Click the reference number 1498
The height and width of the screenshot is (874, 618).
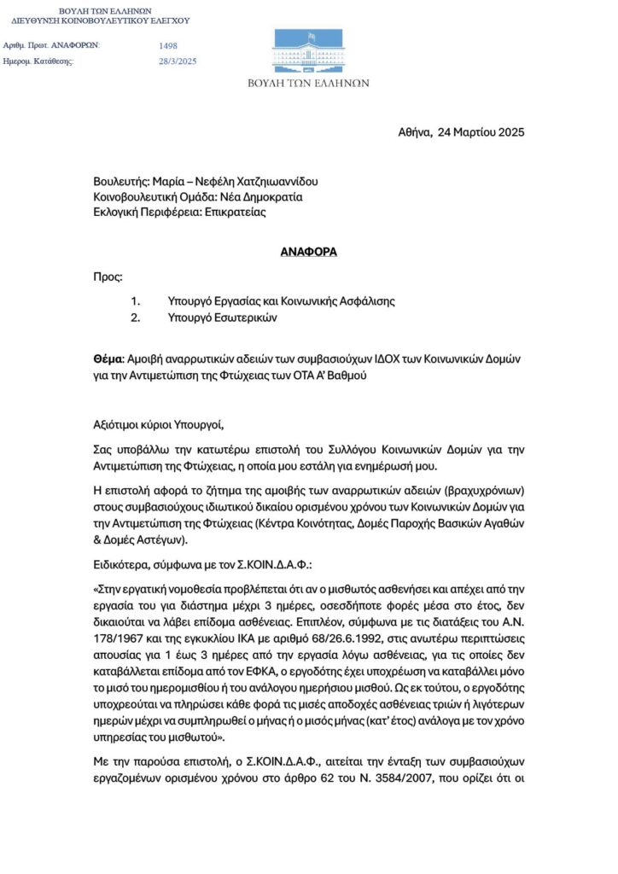(x=169, y=44)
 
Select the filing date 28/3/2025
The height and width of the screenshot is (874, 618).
(x=178, y=61)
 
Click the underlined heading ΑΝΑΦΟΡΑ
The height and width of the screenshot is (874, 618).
(x=309, y=253)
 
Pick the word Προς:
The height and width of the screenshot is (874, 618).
(x=108, y=277)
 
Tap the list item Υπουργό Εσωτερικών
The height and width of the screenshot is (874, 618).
(x=224, y=318)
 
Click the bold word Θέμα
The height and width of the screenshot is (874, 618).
(x=108, y=358)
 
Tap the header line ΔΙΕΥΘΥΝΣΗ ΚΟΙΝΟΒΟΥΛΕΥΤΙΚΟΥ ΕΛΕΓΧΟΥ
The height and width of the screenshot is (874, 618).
(x=101, y=20)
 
